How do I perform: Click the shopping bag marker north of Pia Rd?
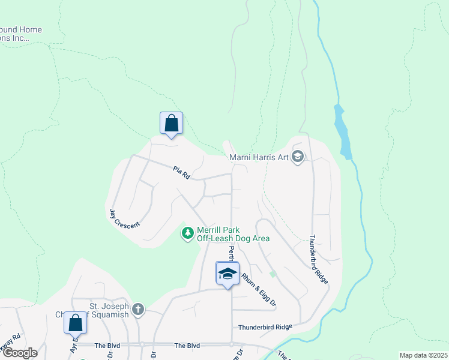pos(171,124)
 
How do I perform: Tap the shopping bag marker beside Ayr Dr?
pos(76,323)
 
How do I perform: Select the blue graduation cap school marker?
pos(228,274)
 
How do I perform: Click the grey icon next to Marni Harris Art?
pos(298,158)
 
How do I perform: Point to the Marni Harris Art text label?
pos(259,158)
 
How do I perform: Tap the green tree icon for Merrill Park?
pos(188,233)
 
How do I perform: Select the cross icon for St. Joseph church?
pos(138,309)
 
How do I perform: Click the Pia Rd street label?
pos(181,174)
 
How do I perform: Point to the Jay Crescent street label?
pos(124,218)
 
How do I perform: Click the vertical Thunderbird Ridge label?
pos(319,259)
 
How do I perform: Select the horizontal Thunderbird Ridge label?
pos(265,327)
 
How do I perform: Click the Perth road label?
pos(231,253)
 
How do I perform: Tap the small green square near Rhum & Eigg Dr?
pos(273,274)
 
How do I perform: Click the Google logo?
pos(19,352)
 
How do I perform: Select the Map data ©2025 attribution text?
pos(423,355)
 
